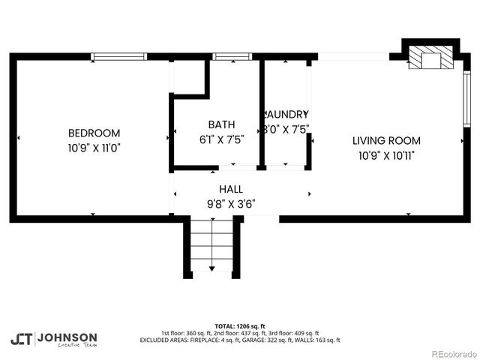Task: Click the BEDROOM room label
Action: point(94,133)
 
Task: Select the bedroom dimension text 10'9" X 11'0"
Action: point(94,148)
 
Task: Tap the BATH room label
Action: point(221,124)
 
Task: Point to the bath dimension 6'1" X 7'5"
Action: point(221,139)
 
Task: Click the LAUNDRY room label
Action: point(286,115)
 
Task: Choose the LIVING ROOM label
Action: point(386,140)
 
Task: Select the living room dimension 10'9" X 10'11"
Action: point(386,155)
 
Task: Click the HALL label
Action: point(230,189)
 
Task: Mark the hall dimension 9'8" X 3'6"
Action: point(230,203)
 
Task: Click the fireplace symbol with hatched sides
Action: point(430,60)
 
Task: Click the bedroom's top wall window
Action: point(118,56)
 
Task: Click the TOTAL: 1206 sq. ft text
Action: point(239,326)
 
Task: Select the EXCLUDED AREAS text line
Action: point(239,340)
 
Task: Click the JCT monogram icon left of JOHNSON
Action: point(21,338)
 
